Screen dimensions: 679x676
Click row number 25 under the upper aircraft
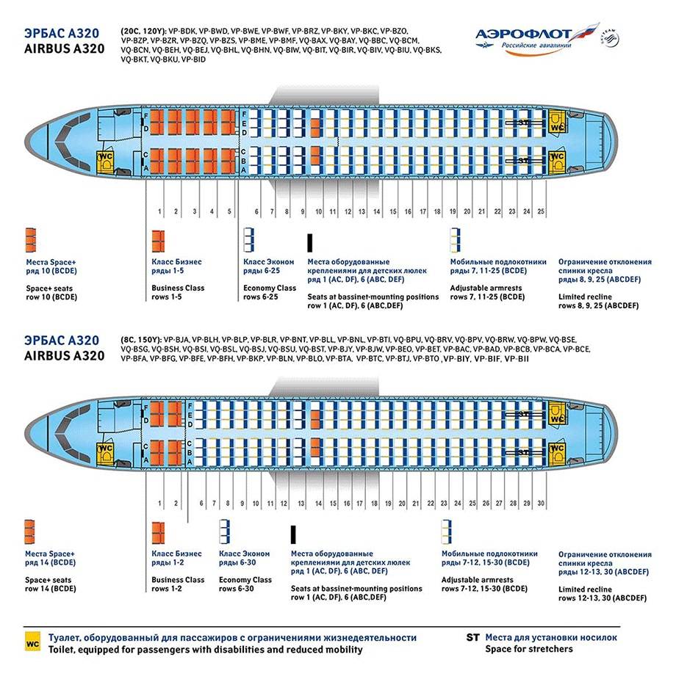point(542,212)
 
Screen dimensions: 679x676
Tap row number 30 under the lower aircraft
point(541,504)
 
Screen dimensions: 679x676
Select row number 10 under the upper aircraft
point(318,212)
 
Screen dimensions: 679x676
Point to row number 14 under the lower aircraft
point(318,504)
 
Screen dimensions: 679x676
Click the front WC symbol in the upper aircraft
point(107,160)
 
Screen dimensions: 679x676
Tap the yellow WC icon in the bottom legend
point(32,643)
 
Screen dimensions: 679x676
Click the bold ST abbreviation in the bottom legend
point(472,637)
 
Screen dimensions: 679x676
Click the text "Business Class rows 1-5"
point(178,292)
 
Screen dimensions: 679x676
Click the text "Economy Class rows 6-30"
point(245,584)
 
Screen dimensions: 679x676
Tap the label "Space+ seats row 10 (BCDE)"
point(51,292)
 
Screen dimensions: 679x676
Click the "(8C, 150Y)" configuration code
point(141,339)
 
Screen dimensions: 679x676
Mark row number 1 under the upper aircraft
point(159,212)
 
